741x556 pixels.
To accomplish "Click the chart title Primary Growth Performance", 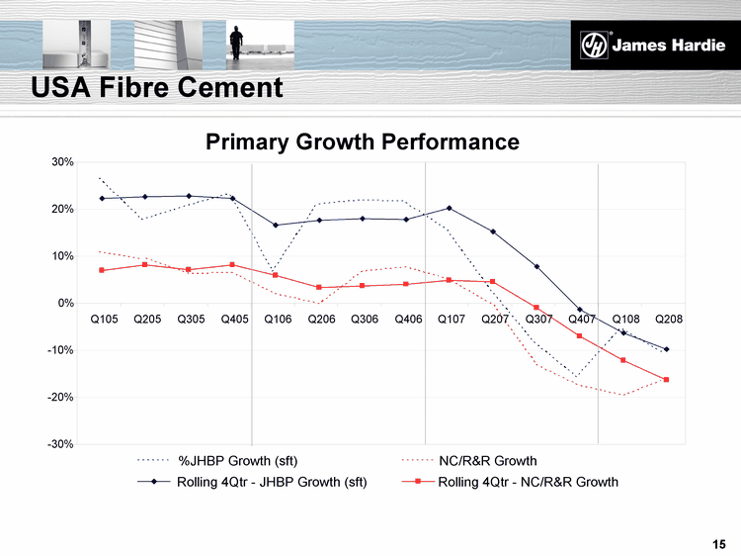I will point(362,141).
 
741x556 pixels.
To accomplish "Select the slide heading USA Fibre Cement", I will point(157,88).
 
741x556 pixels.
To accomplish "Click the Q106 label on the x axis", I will point(277,321).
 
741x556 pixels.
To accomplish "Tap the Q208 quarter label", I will point(668,321).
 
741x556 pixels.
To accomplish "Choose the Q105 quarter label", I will point(103,321).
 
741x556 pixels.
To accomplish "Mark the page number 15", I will point(719,543).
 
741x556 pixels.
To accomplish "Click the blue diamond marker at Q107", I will point(450,208).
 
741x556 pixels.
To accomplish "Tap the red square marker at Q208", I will point(667,380).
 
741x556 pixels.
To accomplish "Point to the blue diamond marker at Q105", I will point(102,198).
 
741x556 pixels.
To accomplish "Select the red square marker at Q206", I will point(319,287).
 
